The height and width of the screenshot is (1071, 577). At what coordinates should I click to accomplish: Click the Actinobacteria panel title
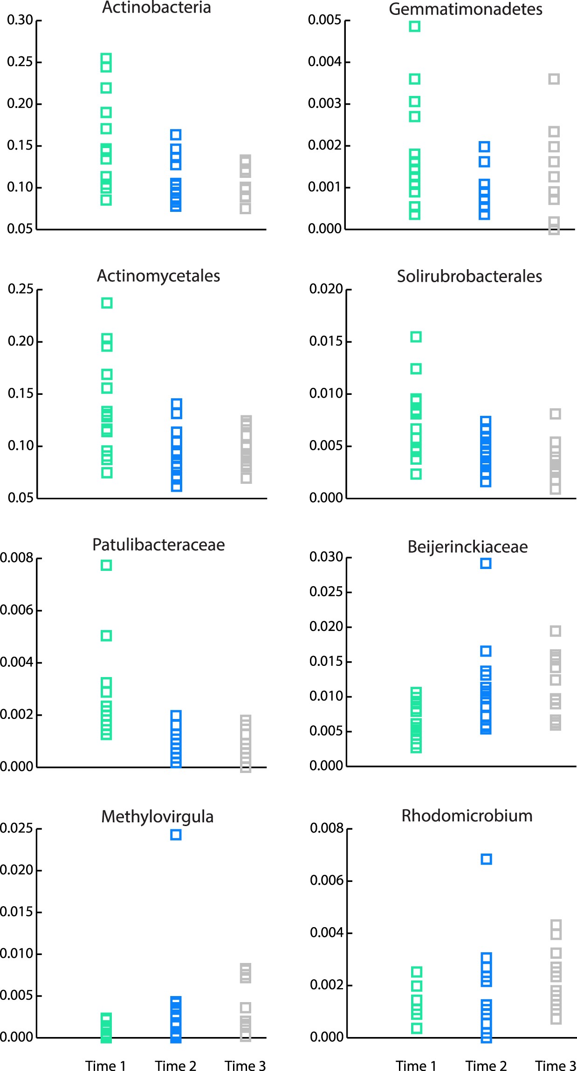click(x=156, y=8)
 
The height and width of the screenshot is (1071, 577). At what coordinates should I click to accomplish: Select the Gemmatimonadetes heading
click(x=465, y=9)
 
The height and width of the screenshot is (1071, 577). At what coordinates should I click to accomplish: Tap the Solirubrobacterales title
click(x=469, y=277)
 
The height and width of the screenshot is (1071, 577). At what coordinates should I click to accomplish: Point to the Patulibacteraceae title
click(x=158, y=545)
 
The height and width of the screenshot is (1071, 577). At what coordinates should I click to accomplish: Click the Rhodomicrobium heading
click(x=467, y=816)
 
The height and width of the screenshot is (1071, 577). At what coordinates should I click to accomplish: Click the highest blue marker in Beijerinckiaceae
click(x=486, y=563)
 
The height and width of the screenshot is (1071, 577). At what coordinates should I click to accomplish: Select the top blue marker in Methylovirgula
click(x=176, y=835)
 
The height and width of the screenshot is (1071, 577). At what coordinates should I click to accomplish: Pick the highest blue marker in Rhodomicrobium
click(x=486, y=859)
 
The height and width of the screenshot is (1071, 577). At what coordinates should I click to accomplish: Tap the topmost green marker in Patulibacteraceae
click(x=106, y=565)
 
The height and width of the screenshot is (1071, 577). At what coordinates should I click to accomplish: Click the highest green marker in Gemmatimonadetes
click(x=414, y=27)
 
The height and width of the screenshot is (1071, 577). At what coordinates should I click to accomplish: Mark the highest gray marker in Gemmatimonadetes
click(x=554, y=79)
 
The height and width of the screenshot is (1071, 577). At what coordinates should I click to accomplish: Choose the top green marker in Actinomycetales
click(x=107, y=303)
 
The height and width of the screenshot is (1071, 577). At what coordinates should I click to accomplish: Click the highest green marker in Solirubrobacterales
click(x=416, y=337)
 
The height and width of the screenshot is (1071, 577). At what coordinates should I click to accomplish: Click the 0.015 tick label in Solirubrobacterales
click(x=326, y=341)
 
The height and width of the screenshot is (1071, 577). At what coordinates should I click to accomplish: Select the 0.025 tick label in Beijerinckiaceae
click(x=326, y=592)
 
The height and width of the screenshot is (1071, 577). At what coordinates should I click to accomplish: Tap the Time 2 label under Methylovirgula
click(x=175, y=1066)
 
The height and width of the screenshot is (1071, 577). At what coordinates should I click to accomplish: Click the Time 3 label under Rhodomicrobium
click(x=555, y=1066)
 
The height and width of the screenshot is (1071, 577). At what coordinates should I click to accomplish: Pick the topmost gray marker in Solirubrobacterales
click(x=555, y=414)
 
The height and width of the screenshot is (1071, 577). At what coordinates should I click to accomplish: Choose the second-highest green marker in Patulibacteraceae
click(x=106, y=636)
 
